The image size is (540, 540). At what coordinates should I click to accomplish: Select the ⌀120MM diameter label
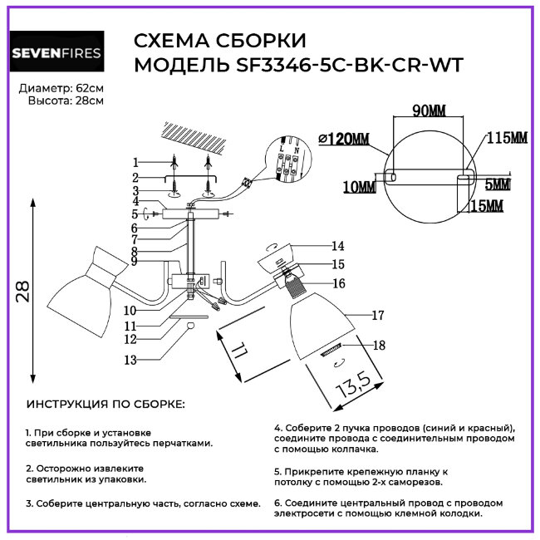[344, 139]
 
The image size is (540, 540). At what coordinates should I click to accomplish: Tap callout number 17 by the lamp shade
[377, 316]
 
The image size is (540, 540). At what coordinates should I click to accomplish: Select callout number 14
[337, 246]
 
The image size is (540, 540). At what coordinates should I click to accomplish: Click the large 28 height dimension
[22, 291]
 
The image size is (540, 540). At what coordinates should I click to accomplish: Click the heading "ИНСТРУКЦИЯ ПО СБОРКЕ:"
[106, 405]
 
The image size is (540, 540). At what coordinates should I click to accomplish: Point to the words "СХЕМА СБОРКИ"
[219, 42]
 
